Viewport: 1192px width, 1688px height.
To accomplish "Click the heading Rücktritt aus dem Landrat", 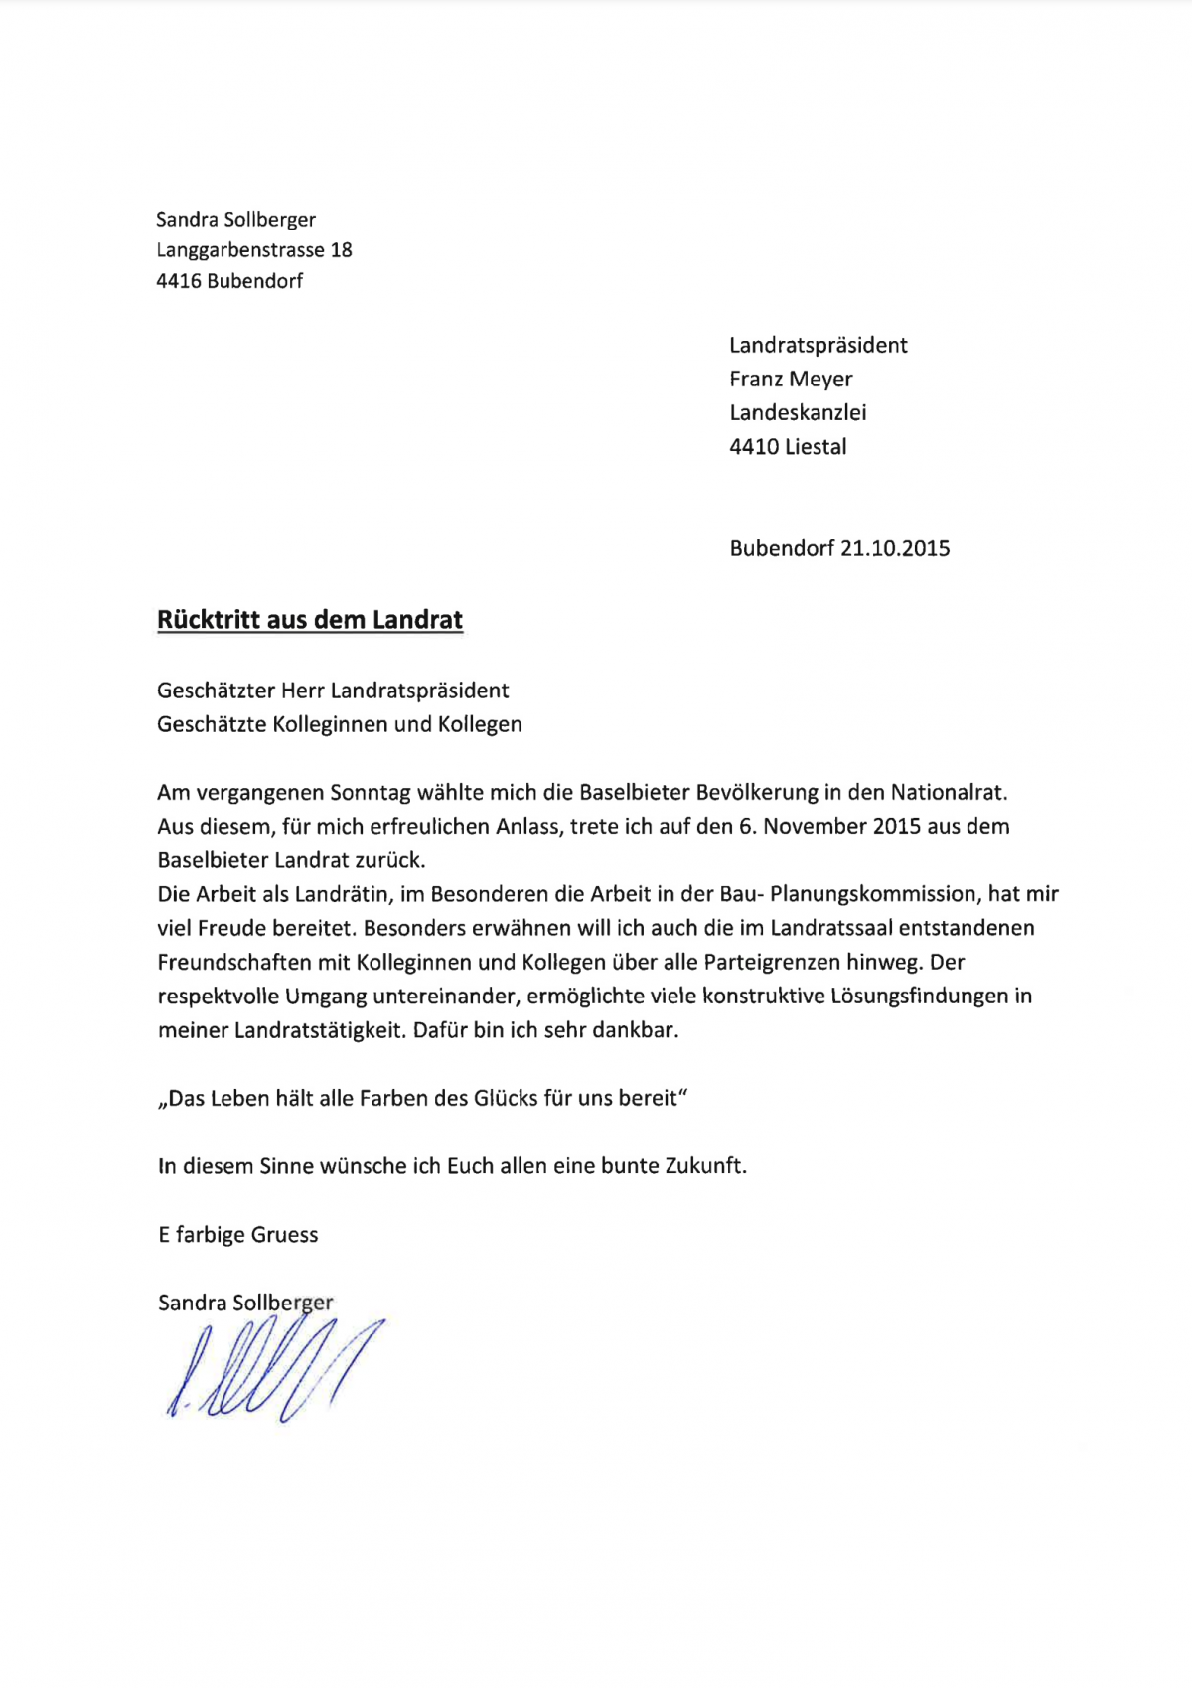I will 310,620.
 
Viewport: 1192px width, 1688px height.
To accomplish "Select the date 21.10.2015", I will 895,548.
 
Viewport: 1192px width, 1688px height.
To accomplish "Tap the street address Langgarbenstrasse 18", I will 254,250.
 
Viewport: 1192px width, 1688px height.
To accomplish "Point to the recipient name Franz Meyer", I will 791,380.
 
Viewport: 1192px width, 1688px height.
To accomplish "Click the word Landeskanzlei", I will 798,413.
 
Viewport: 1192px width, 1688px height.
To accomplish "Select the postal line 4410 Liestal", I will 788,447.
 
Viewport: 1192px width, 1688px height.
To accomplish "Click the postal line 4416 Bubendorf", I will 229,281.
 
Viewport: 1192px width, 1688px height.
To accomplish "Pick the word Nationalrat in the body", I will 948,793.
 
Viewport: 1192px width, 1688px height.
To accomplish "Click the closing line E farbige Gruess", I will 238,1235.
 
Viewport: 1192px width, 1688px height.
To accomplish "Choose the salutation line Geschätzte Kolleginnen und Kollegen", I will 340,725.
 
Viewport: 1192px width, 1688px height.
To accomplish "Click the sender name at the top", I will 236,220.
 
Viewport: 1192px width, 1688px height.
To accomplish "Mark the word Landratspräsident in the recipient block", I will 819,346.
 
